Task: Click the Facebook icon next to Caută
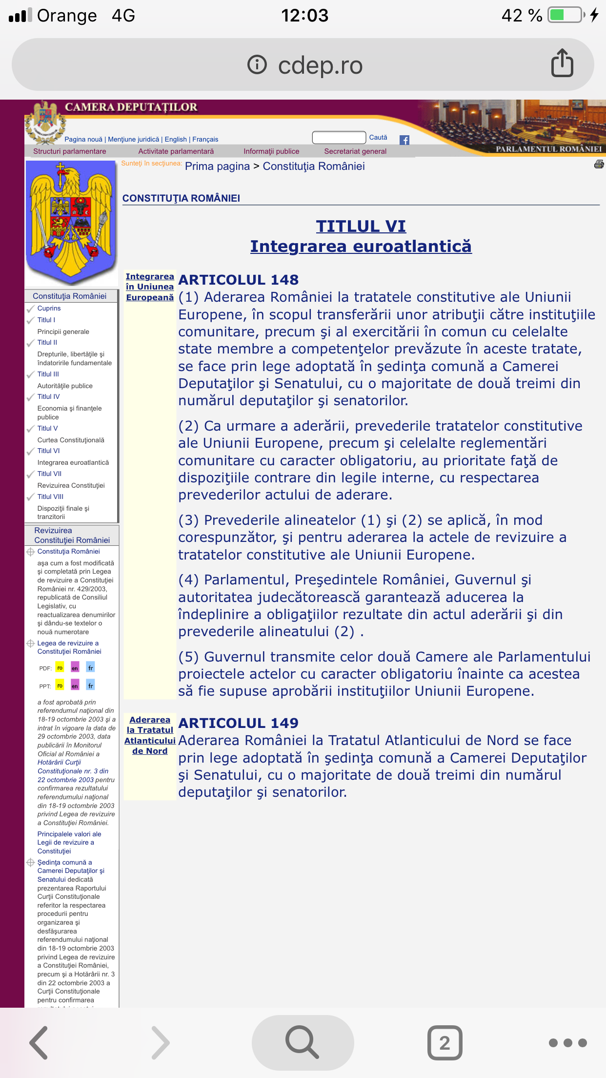(x=404, y=140)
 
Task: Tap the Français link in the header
(x=205, y=139)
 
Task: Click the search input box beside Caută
(x=339, y=138)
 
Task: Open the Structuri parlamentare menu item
(x=70, y=151)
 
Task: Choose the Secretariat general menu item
(x=355, y=151)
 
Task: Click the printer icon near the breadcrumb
(x=599, y=165)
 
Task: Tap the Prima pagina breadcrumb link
(x=217, y=166)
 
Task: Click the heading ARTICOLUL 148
(x=239, y=280)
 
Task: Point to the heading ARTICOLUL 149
(x=239, y=723)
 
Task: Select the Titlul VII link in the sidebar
(x=49, y=474)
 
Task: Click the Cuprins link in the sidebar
(x=49, y=308)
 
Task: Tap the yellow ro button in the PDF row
(x=60, y=667)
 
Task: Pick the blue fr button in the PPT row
(x=90, y=685)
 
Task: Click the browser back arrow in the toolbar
(x=39, y=1042)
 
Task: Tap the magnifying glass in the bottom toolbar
(x=303, y=1042)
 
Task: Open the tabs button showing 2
(x=444, y=1042)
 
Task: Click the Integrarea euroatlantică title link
(x=361, y=247)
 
